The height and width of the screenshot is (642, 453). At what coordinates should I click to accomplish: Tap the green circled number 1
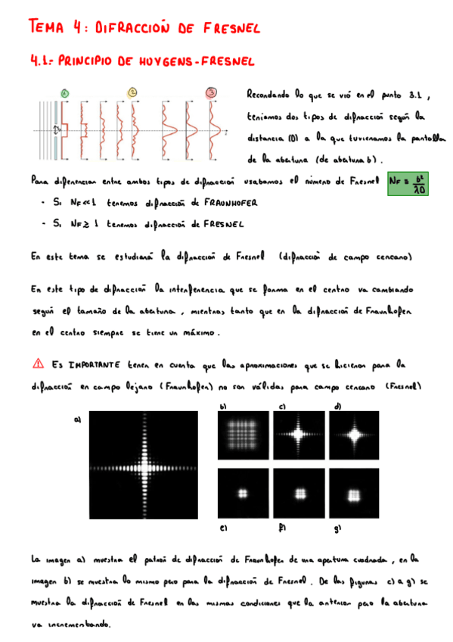coord(65,94)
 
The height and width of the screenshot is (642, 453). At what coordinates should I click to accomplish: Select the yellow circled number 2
coord(132,93)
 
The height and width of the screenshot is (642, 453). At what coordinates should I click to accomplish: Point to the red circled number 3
coord(211,93)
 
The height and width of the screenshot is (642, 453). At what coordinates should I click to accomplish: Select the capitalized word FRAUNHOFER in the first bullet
coord(227,204)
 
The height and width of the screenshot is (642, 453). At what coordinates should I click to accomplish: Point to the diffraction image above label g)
coord(355,493)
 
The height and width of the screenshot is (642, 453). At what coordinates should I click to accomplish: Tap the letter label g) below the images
coord(339,528)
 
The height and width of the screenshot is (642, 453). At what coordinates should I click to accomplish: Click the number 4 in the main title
coord(78,27)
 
